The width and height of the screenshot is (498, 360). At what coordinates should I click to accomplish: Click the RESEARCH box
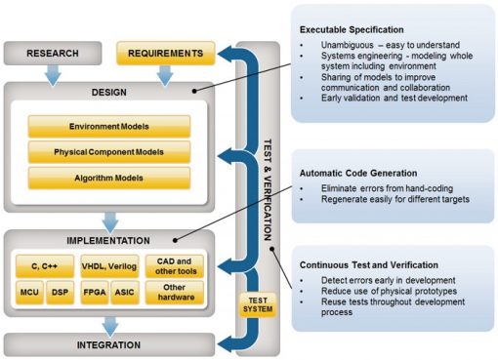tap(53, 52)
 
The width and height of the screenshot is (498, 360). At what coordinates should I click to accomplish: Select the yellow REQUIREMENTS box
tap(163, 52)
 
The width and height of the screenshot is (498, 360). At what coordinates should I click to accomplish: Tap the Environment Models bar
tap(108, 127)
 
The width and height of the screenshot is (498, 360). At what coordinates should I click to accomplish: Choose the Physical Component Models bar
tap(108, 152)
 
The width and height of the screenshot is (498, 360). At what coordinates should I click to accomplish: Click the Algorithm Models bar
tap(108, 178)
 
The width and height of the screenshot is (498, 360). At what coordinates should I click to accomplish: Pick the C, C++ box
tap(44, 265)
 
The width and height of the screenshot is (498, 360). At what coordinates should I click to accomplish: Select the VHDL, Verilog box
tap(108, 265)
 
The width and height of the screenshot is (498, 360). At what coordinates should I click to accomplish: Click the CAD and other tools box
tap(174, 265)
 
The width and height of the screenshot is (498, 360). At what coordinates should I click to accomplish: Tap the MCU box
tap(29, 291)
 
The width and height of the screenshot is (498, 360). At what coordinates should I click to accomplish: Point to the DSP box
tap(60, 291)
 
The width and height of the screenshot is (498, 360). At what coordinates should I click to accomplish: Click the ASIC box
tap(124, 291)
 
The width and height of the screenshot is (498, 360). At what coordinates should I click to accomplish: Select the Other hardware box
tap(174, 291)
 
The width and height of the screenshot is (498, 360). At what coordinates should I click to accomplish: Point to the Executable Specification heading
tap(358, 29)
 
